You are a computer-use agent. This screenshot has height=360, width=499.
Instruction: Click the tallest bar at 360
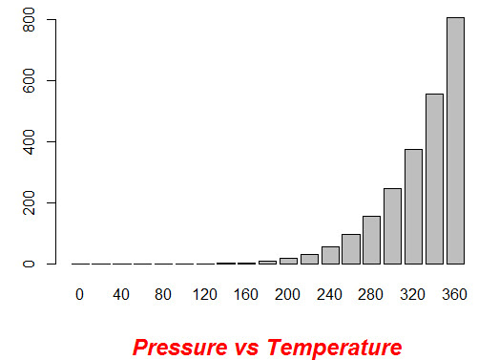pyautogui.click(x=455, y=140)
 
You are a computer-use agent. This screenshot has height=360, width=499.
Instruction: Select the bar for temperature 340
pyautogui.click(x=434, y=179)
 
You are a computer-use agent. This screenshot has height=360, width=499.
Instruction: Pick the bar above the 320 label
pyautogui.click(x=413, y=206)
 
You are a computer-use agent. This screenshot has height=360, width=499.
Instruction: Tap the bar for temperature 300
pyautogui.click(x=392, y=226)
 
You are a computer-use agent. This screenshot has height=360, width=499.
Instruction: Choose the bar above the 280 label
pyautogui.click(x=371, y=240)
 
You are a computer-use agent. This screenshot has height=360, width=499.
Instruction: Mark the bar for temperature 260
pyautogui.click(x=350, y=249)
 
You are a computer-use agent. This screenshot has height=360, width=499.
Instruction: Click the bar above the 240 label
pyautogui.click(x=330, y=255)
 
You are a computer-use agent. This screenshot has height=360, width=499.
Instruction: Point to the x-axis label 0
pyautogui.click(x=79, y=294)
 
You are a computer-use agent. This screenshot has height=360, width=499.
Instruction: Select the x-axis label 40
pyautogui.click(x=121, y=294)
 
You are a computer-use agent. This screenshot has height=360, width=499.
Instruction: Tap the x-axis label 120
pyautogui.click(x=204, y=294)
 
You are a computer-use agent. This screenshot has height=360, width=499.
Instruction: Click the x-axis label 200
pyautogui.click(x=288, y=294)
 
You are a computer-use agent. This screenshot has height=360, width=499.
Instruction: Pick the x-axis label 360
pyautogui.click(x=455, y=294)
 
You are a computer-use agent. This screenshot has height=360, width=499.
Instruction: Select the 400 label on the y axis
pyautogui.click(x=28, y=142)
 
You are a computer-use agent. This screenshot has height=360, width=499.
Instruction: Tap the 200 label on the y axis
pyautogui.click(x=28, y=203)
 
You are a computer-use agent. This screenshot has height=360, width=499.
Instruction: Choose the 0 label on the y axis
pyautogui.click(x=28, y=264)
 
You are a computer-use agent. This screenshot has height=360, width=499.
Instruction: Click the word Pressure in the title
pyautogui.click(x=175, y=346)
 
